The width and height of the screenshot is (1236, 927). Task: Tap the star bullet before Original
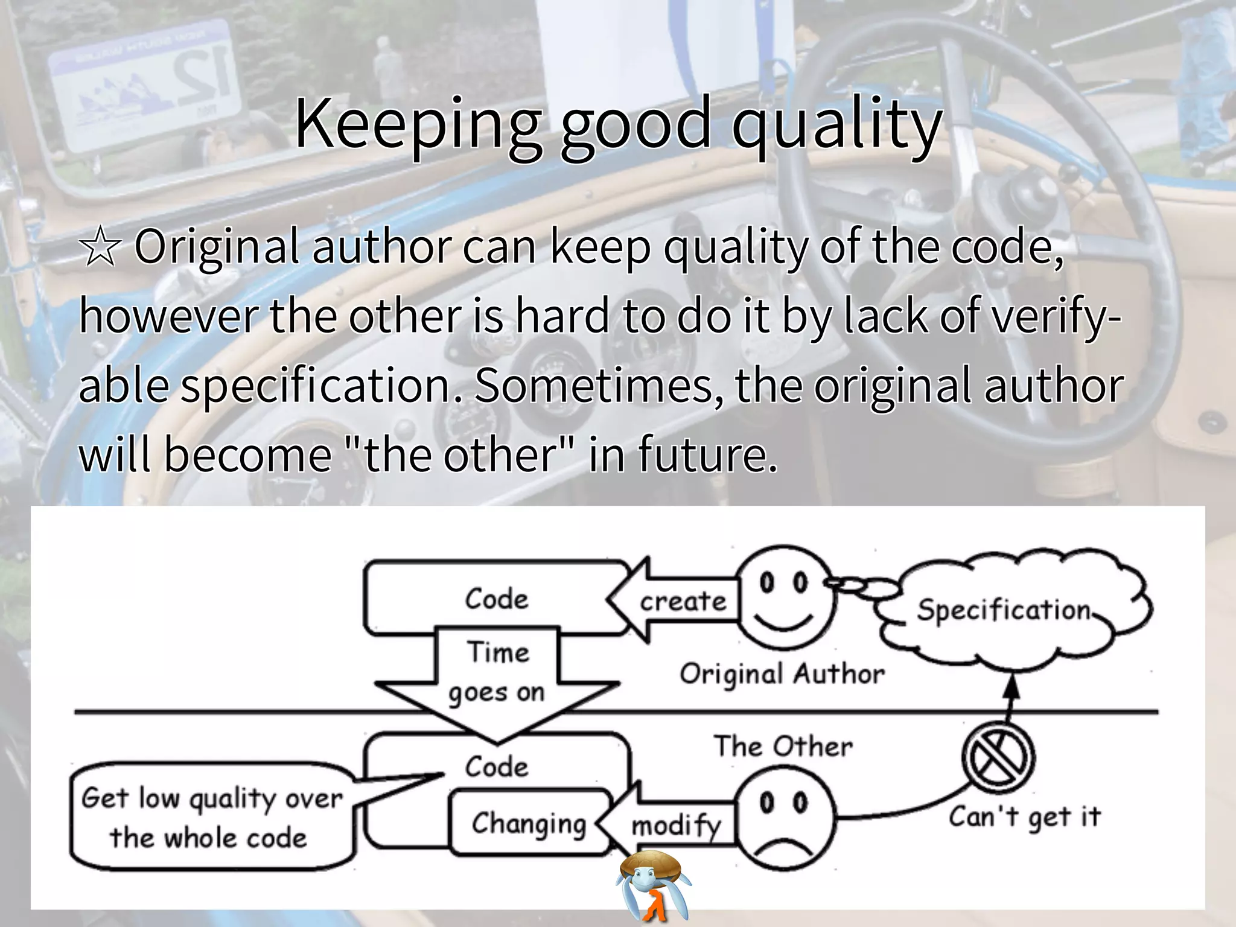point(100,248)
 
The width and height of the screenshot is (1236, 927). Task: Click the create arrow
point(676,600)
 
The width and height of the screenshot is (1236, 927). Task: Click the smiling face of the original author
point(784,597)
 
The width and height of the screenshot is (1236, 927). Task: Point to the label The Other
point(783,747)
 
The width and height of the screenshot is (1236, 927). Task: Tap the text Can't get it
point(1024,817)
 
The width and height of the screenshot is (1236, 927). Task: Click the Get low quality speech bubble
point(211,817)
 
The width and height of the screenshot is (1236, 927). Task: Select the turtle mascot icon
point(653,884)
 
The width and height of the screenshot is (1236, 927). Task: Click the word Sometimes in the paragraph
point(597,386)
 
